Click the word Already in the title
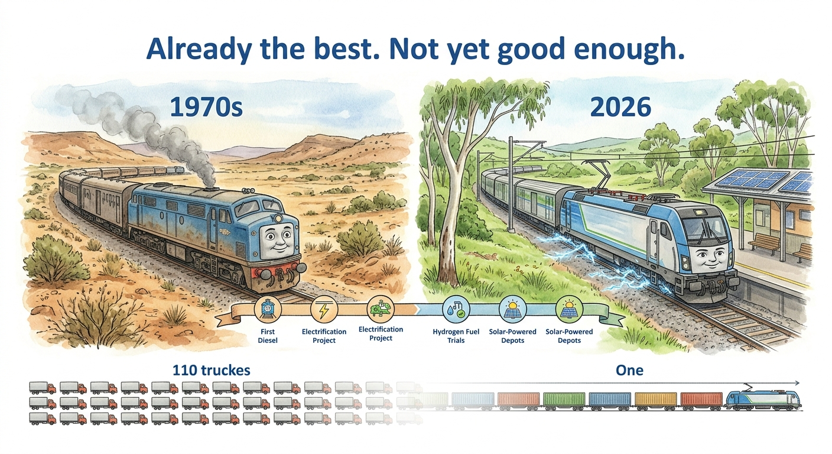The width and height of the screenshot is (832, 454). coord(199,50)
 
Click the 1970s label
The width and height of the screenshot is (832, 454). coord(206,108)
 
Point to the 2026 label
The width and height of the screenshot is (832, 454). coord(620,108)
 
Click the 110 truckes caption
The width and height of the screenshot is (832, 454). coord(212,370)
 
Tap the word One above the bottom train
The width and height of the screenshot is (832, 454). coord(629,370)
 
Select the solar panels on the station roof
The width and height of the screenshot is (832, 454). coord(765,181)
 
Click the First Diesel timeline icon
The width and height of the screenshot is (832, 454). coord(268,310)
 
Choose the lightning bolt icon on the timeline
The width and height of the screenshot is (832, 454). coord(324,310)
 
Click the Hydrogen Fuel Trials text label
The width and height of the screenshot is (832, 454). coord(456,336)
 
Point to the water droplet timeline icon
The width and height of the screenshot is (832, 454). coord(456,310)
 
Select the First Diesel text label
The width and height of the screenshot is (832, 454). coord(268,336)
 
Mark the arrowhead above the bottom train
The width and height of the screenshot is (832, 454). coord(796,383)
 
